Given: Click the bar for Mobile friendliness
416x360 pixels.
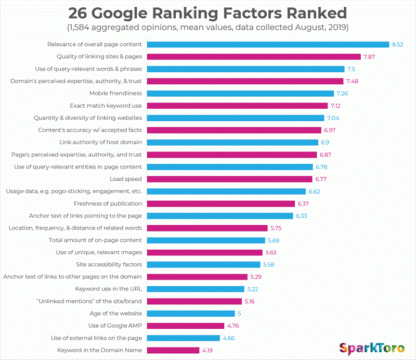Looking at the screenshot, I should (x=240, y=93).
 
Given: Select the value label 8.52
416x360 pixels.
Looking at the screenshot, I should (x=397, y=44).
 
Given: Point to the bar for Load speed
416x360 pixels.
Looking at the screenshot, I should (x=230, y=179).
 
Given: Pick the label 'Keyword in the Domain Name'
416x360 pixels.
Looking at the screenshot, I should (x=99, y=350).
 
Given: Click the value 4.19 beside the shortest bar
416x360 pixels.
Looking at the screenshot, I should (x=207, y=350).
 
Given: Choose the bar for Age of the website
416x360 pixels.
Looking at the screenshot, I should (x=191, y=313).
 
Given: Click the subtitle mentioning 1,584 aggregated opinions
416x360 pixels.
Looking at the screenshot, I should (x=208, y=27).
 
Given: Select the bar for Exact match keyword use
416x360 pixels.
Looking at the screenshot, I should (x=238, y=106).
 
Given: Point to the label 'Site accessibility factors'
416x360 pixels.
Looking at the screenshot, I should (x=109, y=264).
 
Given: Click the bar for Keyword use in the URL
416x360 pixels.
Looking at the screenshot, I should (x=196, y=289).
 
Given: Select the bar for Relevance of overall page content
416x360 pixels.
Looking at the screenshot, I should (x=268, y=44).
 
